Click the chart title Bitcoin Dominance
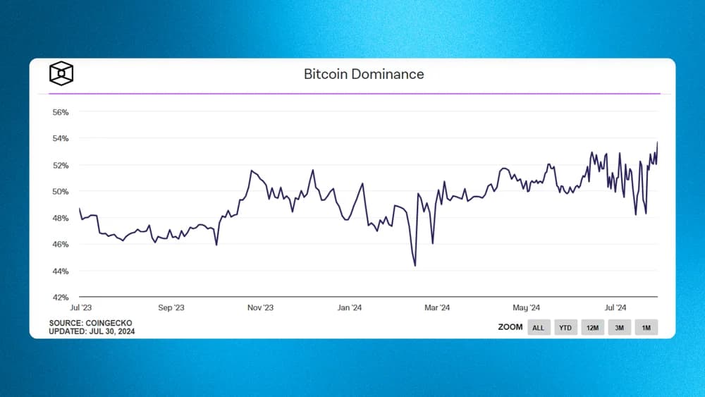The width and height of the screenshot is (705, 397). point(364,74)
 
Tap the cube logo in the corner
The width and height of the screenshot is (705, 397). point(61,73)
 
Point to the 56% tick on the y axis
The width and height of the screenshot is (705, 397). point(60,112)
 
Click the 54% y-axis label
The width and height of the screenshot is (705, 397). point(60,139)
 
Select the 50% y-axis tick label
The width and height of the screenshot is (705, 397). point(60,192)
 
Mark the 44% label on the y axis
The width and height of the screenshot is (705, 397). point(60,271)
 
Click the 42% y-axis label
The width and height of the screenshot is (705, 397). point(60,298)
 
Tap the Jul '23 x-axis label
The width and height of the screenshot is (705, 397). point(81,308)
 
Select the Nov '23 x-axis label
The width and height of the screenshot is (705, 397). point(260,308)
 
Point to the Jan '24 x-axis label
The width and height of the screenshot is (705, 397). point(350,308)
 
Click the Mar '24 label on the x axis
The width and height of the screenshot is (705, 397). point(437,308)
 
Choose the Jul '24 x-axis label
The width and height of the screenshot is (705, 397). point(616,308)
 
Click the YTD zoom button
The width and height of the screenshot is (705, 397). point(565,328)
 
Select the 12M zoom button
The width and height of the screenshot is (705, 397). point(592,328)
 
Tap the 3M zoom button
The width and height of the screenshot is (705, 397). point(619,328)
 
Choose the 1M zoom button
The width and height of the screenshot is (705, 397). point(646,328)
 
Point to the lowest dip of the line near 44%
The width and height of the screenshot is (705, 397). point(415,266)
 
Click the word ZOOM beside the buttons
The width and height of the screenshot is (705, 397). point(510,327)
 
